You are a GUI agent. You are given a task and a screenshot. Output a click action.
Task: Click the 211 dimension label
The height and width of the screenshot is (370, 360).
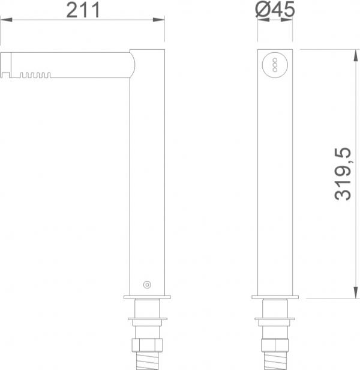pyautogui.click(x=83, y=10)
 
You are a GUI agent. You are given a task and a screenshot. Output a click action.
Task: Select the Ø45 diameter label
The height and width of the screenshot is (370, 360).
pyautogui.click(x=275, y=9)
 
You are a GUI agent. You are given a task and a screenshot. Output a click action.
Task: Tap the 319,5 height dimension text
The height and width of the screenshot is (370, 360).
pyautogui.click(x=343, y=174)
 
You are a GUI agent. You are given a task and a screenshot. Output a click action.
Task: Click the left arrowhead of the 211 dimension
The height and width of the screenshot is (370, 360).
pyautogui.click(x=6, y=20)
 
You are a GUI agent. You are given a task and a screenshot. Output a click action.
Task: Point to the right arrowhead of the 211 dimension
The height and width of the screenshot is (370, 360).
pyautogui.click(x=158, y=20)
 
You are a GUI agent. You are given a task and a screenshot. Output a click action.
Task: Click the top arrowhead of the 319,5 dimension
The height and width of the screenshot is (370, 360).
pyautogui.click(x=356, y=55)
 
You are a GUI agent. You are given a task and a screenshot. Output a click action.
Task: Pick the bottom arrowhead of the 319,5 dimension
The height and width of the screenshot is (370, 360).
pyautogui.click(x=356, y=293)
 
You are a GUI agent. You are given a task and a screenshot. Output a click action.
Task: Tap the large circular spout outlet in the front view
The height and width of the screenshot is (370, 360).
pyautogui.click(x=275, y=65)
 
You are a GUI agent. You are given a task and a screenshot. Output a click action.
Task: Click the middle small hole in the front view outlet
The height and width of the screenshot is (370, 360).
pyautogui.click(x=275, y=65)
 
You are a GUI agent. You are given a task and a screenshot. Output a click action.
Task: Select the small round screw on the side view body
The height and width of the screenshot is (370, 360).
pyautogui.click(x=147, y=285)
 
